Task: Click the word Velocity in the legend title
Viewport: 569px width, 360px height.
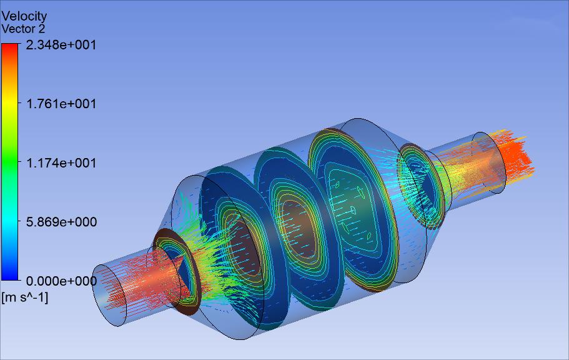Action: (x=24, y=16)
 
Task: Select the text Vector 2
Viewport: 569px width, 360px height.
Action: (x=23, y=29)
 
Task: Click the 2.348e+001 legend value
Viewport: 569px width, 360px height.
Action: (x=61, y=45)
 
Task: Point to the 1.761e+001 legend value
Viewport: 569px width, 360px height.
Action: (x=61, y=104)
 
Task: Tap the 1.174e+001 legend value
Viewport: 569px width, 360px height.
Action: (x=61, y=162)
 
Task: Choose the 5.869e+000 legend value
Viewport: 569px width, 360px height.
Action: (x=61, y=222)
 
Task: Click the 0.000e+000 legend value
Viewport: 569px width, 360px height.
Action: (x=61, y=281)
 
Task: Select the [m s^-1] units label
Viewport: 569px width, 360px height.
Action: (x=25, y=297)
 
